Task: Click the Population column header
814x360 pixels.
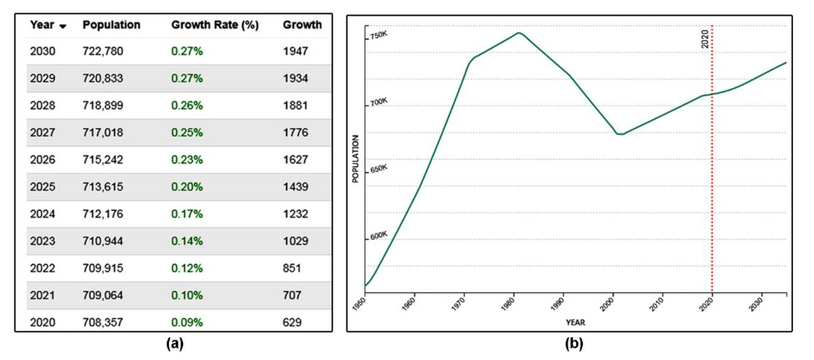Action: tap(111, 25)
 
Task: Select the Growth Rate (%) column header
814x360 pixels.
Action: tap(215, 25)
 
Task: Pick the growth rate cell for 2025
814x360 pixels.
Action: tap(187, 187)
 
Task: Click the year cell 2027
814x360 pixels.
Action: tap(43, 133)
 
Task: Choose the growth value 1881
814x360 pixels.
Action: tap(295, 105)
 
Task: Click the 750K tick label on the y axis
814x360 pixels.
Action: tap(379, 35)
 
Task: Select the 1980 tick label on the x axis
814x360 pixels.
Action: tap(508, 304)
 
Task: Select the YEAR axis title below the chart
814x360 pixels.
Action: tap(575, 322)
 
